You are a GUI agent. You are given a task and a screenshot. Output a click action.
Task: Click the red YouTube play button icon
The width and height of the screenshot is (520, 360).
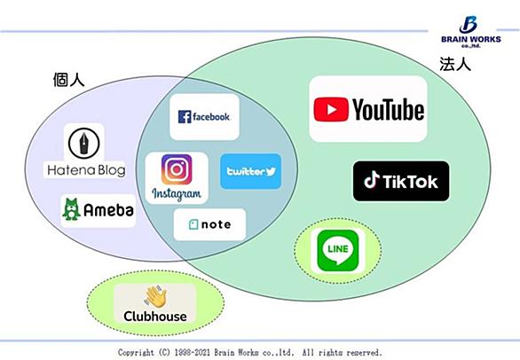click(331, 109)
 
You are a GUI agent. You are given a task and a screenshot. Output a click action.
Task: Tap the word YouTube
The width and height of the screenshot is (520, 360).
click(388, 110)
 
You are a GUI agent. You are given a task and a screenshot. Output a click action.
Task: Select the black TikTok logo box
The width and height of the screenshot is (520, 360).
click(401, 181)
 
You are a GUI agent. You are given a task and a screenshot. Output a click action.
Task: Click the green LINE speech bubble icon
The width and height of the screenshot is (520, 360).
click(338, 251)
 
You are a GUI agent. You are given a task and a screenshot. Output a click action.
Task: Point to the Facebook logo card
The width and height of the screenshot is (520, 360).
click(205, 117)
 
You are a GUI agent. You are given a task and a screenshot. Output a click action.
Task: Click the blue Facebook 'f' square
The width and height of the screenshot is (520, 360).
click(185, 117)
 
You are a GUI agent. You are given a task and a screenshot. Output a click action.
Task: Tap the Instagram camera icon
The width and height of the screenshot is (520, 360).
click(177, 169)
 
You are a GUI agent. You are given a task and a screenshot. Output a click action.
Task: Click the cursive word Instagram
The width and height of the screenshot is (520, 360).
click(177, 194)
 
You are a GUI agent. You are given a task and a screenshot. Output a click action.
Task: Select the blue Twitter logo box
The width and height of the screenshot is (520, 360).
click(251, 171)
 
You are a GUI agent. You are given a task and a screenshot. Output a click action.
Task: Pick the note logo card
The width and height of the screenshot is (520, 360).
click(209, 224)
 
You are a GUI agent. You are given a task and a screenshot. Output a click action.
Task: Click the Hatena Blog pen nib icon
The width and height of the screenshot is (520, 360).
click(84, 144)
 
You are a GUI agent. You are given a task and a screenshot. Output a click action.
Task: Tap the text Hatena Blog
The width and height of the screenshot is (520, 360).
click(86, 170)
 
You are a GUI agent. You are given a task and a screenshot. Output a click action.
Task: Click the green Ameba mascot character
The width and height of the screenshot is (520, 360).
click(71, 209)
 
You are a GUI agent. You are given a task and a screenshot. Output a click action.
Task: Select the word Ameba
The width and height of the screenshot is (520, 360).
click(108, 210)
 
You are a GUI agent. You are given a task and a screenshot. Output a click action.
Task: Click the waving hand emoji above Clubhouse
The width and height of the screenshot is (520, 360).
click(155, 296)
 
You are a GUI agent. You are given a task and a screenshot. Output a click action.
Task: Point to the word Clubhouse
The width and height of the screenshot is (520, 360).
click(155, 317)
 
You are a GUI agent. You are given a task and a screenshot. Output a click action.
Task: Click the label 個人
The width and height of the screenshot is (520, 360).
click(68, 80)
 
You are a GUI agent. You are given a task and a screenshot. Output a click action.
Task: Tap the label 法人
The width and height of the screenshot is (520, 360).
click(455, 64)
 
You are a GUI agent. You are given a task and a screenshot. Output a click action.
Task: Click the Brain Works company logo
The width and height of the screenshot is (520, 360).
click(471, 32)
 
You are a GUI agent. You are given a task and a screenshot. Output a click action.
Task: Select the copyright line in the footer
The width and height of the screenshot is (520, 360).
click(250, 352)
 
